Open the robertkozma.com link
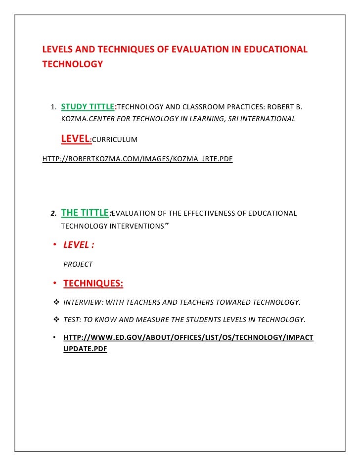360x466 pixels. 138,159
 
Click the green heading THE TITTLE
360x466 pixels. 85,213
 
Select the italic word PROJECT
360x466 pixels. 78,264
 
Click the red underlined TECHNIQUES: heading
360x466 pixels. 93,283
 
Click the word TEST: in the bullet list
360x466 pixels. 73,320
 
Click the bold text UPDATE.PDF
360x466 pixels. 86,349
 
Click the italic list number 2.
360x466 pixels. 52,214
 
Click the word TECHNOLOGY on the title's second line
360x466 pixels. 72,64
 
